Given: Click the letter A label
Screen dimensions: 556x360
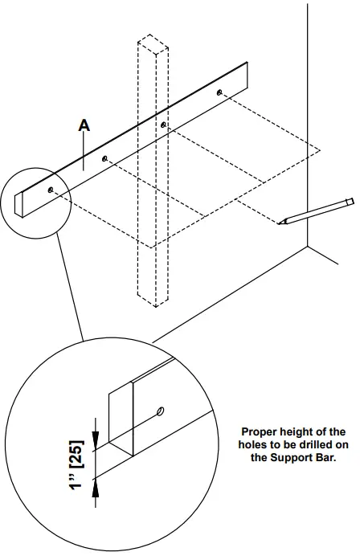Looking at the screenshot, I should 83,125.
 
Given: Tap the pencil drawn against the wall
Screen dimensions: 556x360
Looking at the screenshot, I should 316,211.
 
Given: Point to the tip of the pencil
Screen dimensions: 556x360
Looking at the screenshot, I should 281,223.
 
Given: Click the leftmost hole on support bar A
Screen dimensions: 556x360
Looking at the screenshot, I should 51,190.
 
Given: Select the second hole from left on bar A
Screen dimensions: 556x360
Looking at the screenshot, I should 105,159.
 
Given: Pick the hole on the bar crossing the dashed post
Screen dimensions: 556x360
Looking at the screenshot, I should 164,125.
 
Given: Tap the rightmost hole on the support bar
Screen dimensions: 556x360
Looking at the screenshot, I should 219,93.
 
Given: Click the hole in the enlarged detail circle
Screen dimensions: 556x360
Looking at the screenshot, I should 161,411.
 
